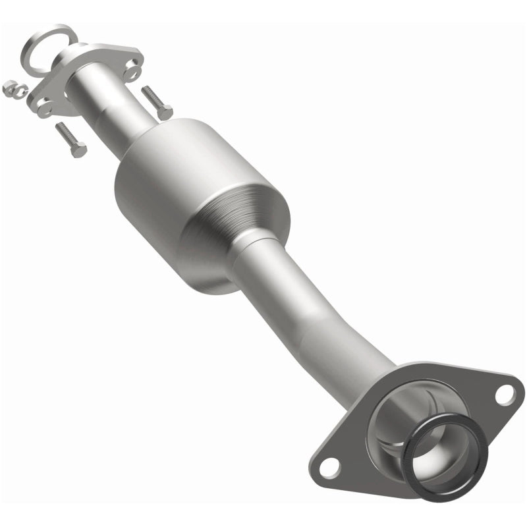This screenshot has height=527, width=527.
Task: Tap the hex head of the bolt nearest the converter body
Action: [165, 113]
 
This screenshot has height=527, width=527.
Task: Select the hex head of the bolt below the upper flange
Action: [78, 150]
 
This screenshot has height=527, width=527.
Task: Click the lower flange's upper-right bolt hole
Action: [504, 395]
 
